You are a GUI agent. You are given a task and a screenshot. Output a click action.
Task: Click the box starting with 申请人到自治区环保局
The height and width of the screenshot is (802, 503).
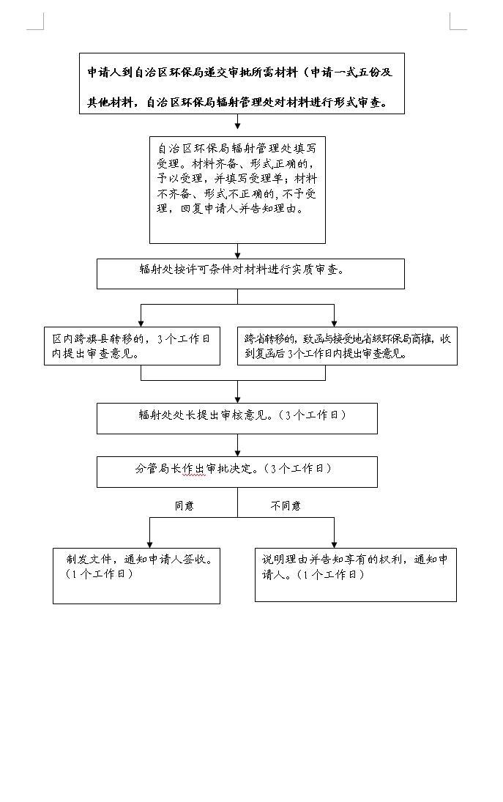tap(242, 83)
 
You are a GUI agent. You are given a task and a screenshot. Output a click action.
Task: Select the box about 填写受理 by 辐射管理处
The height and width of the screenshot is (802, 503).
tap(238, 190)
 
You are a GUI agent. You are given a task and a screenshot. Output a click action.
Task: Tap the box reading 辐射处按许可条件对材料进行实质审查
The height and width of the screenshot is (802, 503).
tap(250, 274)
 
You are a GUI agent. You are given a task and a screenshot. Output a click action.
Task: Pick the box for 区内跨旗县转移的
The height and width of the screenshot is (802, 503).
tap(132, 346)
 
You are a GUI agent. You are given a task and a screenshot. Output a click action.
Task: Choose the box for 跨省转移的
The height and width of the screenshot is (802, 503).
tap(348, 346)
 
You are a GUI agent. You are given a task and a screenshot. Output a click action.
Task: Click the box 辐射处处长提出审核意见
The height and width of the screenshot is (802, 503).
tap(237, 418)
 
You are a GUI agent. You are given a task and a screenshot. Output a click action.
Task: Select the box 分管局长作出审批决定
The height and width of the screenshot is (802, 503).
tap(237, 472)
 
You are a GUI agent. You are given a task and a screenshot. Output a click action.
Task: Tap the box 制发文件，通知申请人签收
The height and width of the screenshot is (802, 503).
tap(136, 576)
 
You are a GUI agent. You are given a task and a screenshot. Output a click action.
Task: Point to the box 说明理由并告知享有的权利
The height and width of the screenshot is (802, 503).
tap(356, 575)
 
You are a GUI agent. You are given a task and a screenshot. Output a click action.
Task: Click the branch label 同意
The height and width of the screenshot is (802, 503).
tap(184, 506)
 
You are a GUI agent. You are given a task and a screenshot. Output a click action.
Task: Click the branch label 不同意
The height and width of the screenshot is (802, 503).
tap(286, 506)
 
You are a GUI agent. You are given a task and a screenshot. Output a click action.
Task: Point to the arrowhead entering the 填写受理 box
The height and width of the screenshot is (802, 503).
tap(238, 125)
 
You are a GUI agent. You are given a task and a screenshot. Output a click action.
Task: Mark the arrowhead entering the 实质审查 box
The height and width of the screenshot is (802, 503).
tap(238, 254)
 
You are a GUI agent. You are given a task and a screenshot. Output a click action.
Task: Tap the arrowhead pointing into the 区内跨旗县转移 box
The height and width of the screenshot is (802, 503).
tap(141, 323)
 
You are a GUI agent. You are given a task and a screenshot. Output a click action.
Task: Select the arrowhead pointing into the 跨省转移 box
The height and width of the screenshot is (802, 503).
tap(335, 323)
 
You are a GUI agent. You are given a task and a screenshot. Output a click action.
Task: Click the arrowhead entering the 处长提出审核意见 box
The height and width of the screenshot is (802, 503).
tap(238, 399)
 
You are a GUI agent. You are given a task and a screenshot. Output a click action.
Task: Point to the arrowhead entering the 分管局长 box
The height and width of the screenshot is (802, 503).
tap(238, 453)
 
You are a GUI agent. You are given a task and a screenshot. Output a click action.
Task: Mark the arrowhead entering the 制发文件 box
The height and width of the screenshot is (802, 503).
tap(150, 544)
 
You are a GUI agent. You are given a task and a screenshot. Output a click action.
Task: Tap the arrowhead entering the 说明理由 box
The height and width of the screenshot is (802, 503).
tap(335, 544)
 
